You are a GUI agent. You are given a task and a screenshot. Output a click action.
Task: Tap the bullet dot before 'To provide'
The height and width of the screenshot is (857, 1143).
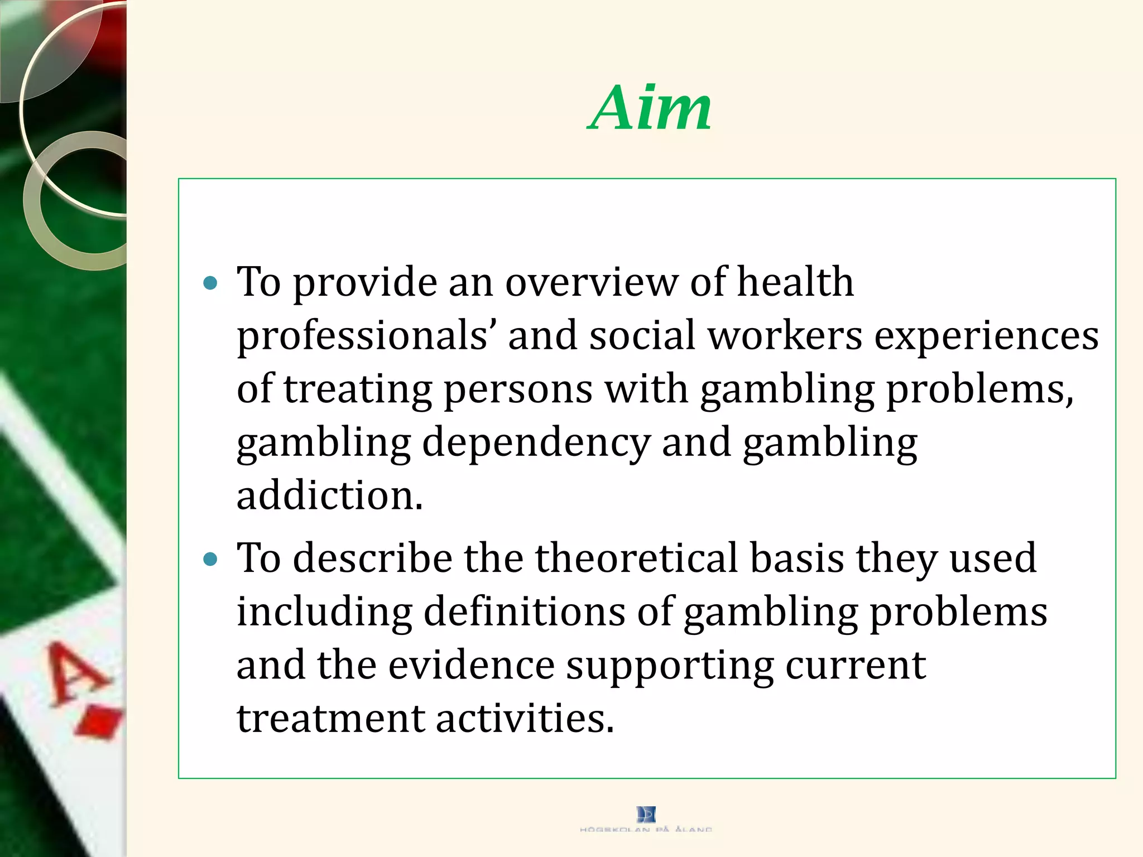tap(210, 283)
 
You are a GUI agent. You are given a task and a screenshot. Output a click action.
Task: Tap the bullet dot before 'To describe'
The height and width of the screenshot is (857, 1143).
tap(210, 559)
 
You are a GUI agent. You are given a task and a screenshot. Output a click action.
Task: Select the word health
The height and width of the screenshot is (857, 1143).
tap(795, 282)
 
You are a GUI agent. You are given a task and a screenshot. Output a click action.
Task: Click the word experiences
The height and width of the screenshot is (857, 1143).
tap(986, 336)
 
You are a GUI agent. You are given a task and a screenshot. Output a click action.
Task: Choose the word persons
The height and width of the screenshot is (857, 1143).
tap(517, 389)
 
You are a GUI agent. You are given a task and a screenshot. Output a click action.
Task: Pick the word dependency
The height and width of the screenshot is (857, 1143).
tap(536, 442)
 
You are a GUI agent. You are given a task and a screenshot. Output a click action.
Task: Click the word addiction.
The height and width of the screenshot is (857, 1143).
tap(329, 495)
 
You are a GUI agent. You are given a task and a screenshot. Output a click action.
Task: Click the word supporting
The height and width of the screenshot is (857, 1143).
tap(670, 666)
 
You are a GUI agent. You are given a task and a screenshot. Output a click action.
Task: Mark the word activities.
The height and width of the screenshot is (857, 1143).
tap(525, 718)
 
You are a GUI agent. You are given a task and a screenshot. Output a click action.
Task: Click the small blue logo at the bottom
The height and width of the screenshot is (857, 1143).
tap(646, 814)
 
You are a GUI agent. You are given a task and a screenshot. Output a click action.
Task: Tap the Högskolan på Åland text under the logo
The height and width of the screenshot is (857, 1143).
tap(646, 830)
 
